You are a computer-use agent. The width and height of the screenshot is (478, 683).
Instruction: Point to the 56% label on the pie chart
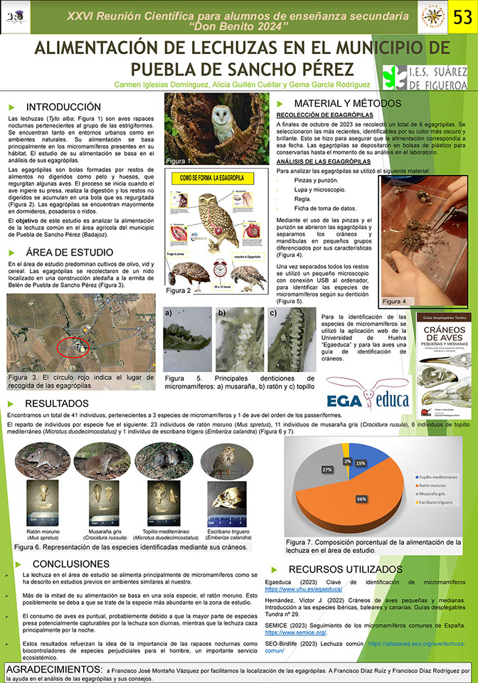point(361,499)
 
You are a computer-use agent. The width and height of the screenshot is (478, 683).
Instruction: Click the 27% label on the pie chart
point(327,470)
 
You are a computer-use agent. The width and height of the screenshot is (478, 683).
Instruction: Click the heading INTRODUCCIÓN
point(55,105)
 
